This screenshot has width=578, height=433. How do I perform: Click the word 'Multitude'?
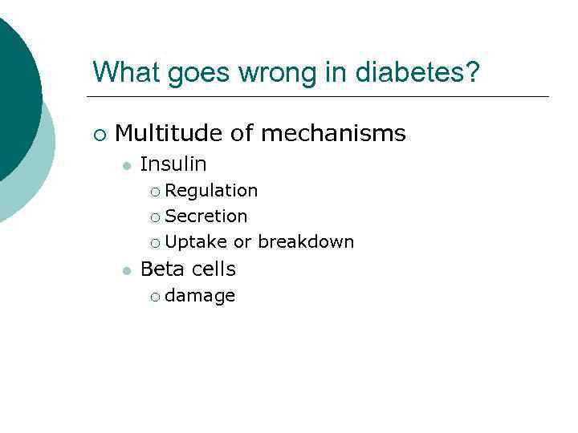pos(168,133)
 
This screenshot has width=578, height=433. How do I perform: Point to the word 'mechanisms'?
pos(333,133)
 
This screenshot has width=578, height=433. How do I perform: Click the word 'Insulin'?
pos(173,164)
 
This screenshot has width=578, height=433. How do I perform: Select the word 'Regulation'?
pos(211,191)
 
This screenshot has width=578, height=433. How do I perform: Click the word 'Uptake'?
pos(196,242)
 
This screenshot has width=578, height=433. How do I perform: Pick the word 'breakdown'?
pos(306,242)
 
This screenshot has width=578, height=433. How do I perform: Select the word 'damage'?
pos(200,296)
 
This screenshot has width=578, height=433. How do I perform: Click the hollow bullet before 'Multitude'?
pos(98,134)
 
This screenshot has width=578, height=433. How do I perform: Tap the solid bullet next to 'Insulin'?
pos(125,165)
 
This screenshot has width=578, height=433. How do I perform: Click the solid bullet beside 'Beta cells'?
pos(125,270)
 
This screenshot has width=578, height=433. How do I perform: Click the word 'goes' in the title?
pos(195,74)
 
